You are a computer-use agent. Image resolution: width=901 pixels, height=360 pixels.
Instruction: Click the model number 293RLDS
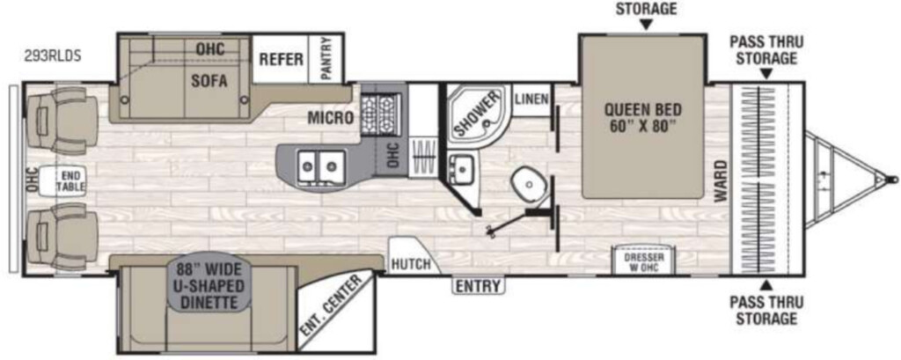(x=52, y=56)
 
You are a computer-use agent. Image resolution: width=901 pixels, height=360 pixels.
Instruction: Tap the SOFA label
(x=209, y=81)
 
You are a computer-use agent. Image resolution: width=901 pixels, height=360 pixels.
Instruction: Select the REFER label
(x=281, y=59)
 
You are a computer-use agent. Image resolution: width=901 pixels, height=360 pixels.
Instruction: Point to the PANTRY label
(x=326, y=59)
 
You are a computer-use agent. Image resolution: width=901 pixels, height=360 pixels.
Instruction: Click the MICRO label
(x=330, y=119)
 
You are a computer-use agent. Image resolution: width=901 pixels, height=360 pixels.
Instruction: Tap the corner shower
(x=476, y=112)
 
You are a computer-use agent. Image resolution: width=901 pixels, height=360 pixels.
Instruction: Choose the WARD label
(x=720, y=180)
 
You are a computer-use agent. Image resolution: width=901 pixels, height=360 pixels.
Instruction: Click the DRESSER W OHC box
(x=643, y=261)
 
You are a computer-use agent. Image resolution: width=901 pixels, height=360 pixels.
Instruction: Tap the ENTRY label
(x=479, y=286)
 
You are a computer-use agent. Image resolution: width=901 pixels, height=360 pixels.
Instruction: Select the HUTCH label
(x=411, y=265)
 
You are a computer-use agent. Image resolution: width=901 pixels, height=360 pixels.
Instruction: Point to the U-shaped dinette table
(x=210, y=286)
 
